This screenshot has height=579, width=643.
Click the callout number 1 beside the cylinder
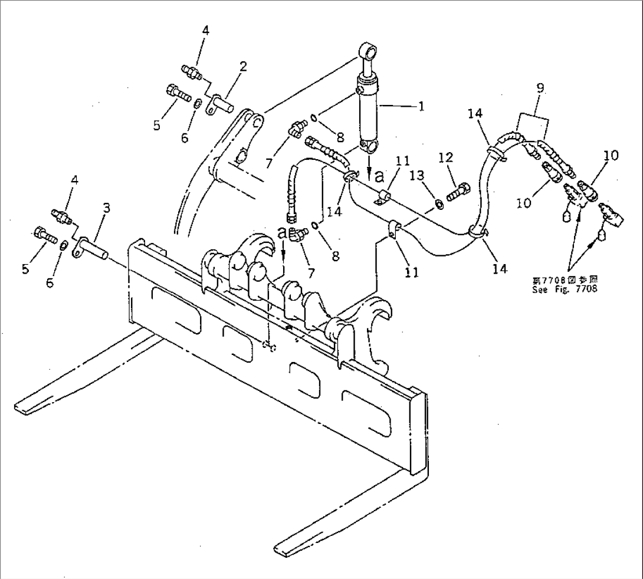(x=421, y=107)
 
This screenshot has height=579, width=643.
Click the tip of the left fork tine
(x=24, y=407)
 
